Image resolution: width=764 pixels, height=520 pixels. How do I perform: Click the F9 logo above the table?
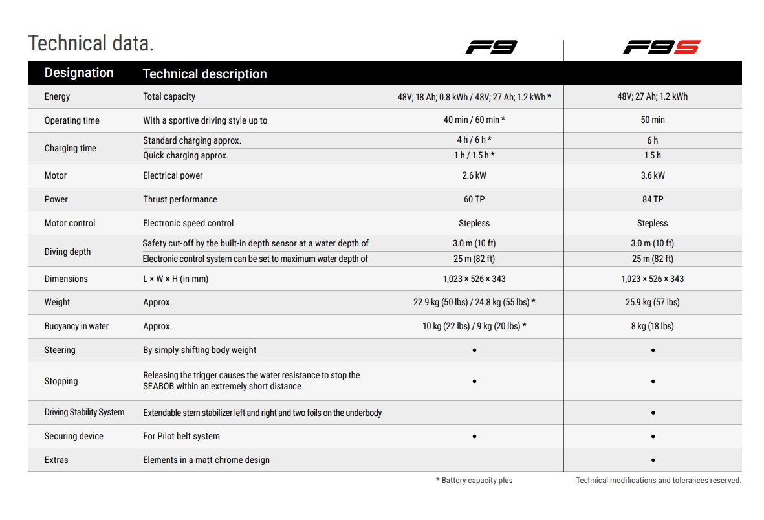pos(491,47)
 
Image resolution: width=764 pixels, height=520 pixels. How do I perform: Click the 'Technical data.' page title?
pos(91,43)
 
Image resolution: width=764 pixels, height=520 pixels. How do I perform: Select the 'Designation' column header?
pos(79,73)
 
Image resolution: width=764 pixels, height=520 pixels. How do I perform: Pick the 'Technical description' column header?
pos(204,74)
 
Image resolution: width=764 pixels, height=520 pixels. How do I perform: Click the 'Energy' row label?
pos(57,97)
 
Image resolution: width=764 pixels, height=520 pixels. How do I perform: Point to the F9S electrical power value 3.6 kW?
pos(653,175)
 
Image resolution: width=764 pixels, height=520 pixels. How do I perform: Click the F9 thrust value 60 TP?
pos(474,199)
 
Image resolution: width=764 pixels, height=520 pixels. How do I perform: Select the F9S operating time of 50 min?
pos(653,120)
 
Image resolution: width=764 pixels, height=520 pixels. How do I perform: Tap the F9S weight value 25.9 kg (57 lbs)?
pos(653,302)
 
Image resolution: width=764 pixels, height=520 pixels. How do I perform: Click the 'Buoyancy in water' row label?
pos(76,326)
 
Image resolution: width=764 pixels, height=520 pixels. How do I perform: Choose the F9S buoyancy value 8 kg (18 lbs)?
pos(653,326)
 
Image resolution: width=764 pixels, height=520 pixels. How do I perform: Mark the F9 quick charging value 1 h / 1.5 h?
pos(474,156)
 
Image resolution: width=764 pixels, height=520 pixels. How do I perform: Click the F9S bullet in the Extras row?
pos(653,460)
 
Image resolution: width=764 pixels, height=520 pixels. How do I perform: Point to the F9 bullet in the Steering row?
pos(474,350)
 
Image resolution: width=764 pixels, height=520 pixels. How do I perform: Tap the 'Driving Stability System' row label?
pos(84,413)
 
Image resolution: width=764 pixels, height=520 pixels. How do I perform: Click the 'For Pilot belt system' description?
pos(181,437)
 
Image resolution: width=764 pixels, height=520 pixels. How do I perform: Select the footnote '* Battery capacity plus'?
pos(474,481)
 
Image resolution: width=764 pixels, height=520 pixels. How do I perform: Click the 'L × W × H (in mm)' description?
pos(175,279)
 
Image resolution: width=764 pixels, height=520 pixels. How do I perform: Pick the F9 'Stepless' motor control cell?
pos(474,223)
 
